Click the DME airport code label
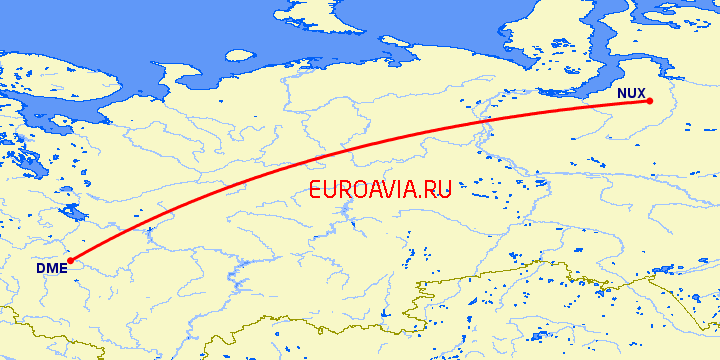click(x=51, y=268)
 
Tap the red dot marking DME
click(x=70, y=261)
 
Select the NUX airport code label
click(x=631, y=93)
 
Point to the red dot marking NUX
click(x=649, y=101)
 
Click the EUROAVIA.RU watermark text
click(x=381, y=189)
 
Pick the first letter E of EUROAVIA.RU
click(x=316, y=189)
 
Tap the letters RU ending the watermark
click(x=440, y=189)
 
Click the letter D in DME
click(x=41, y=268)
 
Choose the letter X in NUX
click(x=641, y=93)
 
